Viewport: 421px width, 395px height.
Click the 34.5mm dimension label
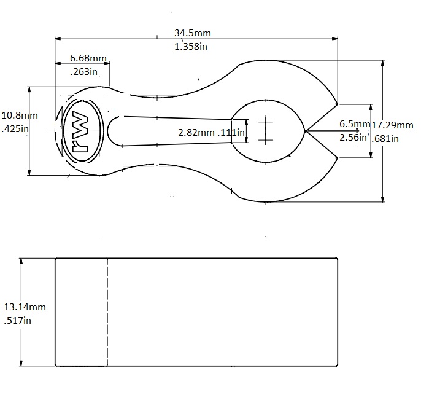(189, 33)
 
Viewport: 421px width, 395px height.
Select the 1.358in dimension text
(189, 47)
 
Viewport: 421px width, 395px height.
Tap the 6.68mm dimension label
(88, 58)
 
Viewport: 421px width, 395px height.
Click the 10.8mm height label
(20, 115)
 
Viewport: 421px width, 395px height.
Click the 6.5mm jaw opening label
(355, 125)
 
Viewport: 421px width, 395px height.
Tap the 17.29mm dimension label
(392, 125)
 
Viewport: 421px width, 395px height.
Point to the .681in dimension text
(385, 139)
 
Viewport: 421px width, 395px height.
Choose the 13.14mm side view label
(25, 307)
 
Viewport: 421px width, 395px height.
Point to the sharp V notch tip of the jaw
(306, 130)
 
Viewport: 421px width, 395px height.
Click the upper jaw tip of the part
(337, 102)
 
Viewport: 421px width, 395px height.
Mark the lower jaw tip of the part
(337, 158)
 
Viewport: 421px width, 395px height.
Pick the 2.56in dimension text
(353, 138)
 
